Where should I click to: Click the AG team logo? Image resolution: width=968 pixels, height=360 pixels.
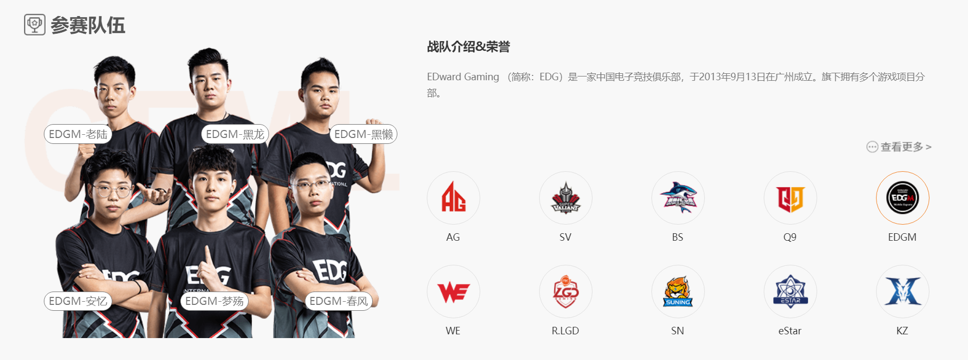tap(454, 198)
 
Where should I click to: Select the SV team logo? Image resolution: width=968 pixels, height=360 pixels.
tap(566, 198)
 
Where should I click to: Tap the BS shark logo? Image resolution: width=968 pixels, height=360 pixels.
tap(678, 198)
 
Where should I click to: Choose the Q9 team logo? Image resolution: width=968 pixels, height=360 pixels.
tap(790, 198)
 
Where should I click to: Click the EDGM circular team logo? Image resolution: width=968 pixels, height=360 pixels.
tap(903, 198)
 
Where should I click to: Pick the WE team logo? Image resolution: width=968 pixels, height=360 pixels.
tap(454, 292)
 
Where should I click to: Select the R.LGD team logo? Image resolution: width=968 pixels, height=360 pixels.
tap(566, 292)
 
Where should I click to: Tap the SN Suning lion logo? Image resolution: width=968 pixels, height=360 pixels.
tap(678, 292)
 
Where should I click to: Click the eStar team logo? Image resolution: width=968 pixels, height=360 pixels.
tap(790, 292)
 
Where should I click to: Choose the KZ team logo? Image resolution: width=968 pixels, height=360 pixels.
tap(903, 292)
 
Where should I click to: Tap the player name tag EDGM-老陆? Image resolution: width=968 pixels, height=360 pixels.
tap(78, 134)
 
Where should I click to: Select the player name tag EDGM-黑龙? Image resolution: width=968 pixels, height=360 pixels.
tap(235, 134)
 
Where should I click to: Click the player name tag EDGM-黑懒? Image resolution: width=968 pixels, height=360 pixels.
tap(364, 134)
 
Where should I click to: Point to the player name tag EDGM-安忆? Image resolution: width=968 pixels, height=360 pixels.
tap(78, 301)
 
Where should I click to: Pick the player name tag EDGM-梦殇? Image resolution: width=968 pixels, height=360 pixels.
tap(214, 301)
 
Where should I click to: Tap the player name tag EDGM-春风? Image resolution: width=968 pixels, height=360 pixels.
tap(339, 301)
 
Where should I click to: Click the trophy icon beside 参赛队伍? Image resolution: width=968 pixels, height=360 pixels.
tap(35, 25)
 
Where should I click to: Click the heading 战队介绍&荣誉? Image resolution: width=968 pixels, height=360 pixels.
tap(468, 47)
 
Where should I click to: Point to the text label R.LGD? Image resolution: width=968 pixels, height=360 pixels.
tap(565, 331)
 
